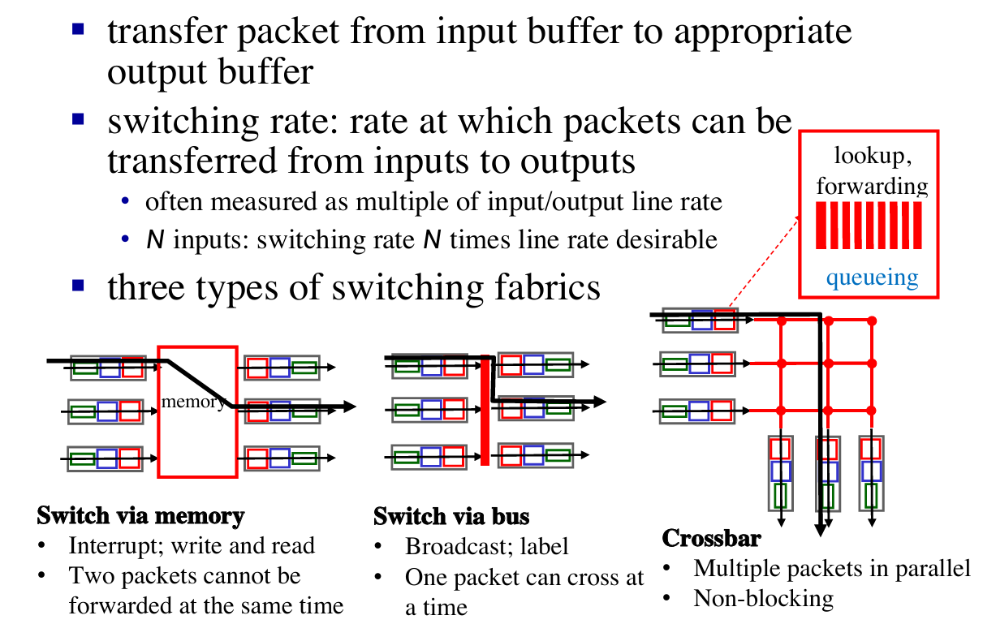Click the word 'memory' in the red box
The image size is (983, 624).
(x=193, y=402)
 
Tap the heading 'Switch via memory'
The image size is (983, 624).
(x=140, y=516)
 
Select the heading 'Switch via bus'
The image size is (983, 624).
(x=451, y=517)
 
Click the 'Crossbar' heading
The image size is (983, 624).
(x=711, y=538)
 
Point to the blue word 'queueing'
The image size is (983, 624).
(x=872, y=278)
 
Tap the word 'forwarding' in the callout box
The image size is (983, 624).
(x=872, y=186)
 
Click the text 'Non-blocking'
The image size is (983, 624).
(x=763, y=599)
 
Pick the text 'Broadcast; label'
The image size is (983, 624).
(x=487, y=546)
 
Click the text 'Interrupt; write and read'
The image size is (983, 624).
(x=192, y=545)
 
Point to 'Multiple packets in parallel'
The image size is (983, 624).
(x=832, y=568)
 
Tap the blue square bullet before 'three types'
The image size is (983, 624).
(x=78, y=285)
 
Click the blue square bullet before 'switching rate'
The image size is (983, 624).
(x=78, y=119)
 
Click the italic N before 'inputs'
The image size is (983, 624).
(x=153, y=240)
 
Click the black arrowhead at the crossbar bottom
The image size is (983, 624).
(x=821, y=531)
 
